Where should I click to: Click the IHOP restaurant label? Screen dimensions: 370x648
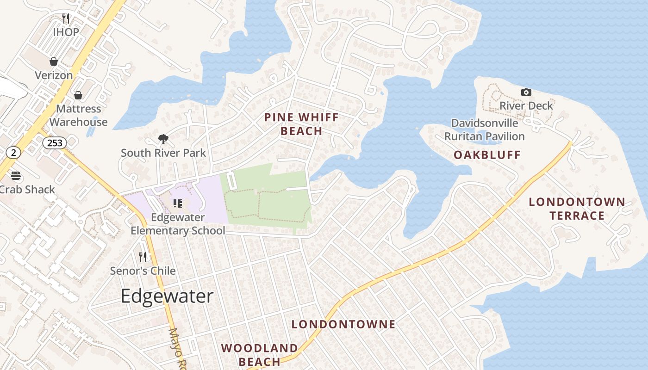(x=66, y=32)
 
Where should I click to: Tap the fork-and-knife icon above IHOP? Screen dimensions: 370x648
(x=66, y=18)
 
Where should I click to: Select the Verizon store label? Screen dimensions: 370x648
(x=54, y=75)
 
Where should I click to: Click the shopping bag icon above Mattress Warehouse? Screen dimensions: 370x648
(x=78, y=95)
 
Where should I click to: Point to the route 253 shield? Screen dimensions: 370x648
(x=55, y=142)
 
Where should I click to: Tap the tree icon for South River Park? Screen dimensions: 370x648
(x=163, y=139)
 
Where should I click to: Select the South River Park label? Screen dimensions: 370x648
(x=163, y=153)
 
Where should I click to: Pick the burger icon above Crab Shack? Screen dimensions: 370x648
(x=16, y=176)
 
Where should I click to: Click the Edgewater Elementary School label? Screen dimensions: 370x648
(x=178, y=224)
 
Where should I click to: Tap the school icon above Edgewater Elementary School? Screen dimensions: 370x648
(x=178, y=203)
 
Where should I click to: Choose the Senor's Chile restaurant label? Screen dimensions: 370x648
(x=143, y=271)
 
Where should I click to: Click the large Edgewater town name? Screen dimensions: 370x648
(x=167, y=296)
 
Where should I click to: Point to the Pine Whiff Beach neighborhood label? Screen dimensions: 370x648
(x=301, y=124)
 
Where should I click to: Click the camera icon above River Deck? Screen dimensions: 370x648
(x=526, y=92)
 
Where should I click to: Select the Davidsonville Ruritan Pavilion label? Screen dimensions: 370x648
(x=485, y=129)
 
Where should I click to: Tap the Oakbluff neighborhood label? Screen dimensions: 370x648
(x=487, y=155)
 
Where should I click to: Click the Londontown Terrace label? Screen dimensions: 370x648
(x=577, y=209)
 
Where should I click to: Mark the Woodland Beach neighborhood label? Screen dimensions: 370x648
(x=259, y=355)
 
